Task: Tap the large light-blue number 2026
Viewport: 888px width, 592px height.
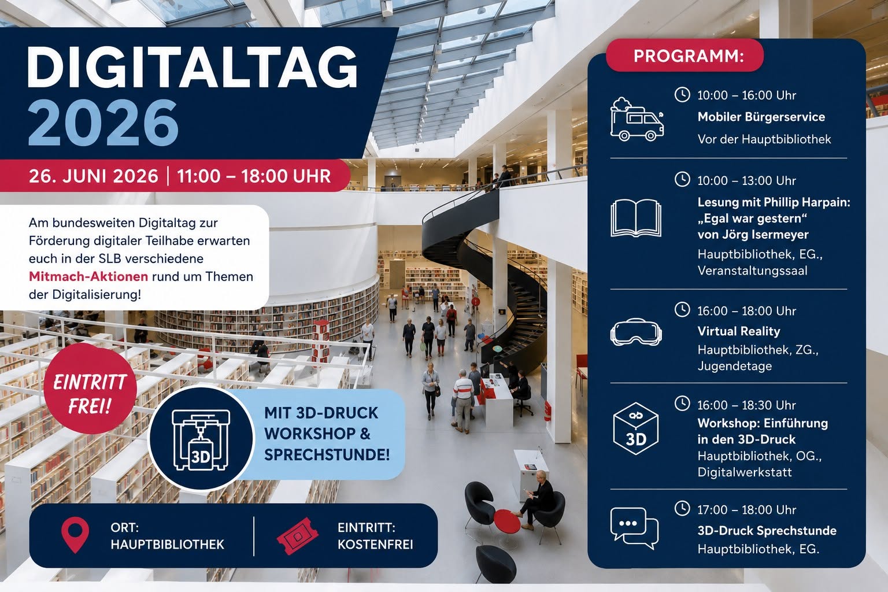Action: pyautogui.click(x=103, y=123)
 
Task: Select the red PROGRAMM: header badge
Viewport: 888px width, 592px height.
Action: pyautogui.click(x=684, y=55)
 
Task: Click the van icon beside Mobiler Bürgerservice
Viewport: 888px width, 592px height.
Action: pyautogui.click(x=637, y=119)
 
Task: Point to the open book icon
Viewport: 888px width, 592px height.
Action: pyautogui.click(x=636, y=218)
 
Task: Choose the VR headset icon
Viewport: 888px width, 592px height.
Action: pyautogui.click(x=636, y=332)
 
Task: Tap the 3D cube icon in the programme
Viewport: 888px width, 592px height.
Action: pyautogui.click(x=635, y=428)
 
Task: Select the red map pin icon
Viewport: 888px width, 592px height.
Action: pyautogui.click(x=75, y=535)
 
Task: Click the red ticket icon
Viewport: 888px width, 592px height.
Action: pyautogui.click(x=297, y=536)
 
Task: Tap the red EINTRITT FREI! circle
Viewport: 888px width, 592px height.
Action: pyautogui.click(x=90, y=388)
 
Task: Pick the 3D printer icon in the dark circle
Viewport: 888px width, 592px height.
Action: pyautogui.click(x=201, y=439)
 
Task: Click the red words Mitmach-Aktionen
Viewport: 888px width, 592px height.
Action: pyautogui.click(x=88, y=276)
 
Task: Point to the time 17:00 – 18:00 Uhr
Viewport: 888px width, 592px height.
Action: pyautogui.click(x=746, y=509)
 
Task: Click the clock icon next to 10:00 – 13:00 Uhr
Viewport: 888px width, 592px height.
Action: pyautogui.click(x=682, y=179)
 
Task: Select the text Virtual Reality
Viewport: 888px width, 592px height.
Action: pyautogui.click(x=738, y=331)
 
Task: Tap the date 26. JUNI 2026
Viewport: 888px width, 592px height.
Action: pyautogui.click(x=94, y=176)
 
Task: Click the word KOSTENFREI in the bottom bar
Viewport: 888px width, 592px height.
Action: pyautogui.click(x=375, y=545)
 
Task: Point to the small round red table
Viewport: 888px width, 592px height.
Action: pyautogui.click(x=506, y=521)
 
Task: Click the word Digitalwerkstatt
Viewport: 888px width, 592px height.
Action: pyautogui.click(x=745, y=472)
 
